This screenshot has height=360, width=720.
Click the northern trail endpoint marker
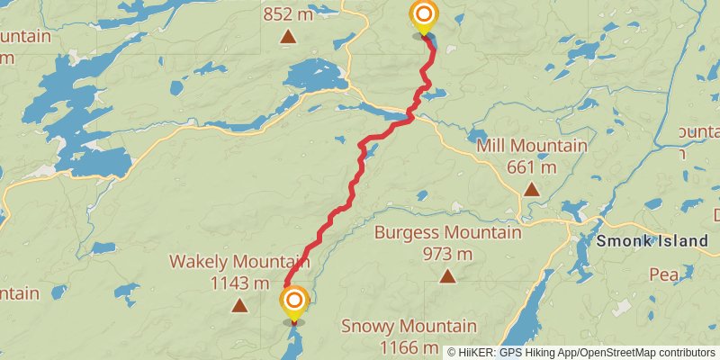[423, 16]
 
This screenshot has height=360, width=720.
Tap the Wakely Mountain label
[239, 263]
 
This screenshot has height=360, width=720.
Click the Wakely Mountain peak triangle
[239, 306]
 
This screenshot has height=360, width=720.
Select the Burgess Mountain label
[447, 233]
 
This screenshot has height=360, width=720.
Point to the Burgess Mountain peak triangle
[447, 275]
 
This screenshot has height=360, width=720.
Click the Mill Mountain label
[532, 146]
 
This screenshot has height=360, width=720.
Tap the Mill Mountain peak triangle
[532, 189]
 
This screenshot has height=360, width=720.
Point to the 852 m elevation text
[287, 14]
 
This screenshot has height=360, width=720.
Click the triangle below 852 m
[287, 37]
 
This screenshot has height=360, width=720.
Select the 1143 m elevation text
[239, 283]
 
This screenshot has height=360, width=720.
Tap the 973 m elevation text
[447, 254]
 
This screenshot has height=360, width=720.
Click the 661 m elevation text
[532, 167]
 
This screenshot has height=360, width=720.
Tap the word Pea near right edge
[663, 274]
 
